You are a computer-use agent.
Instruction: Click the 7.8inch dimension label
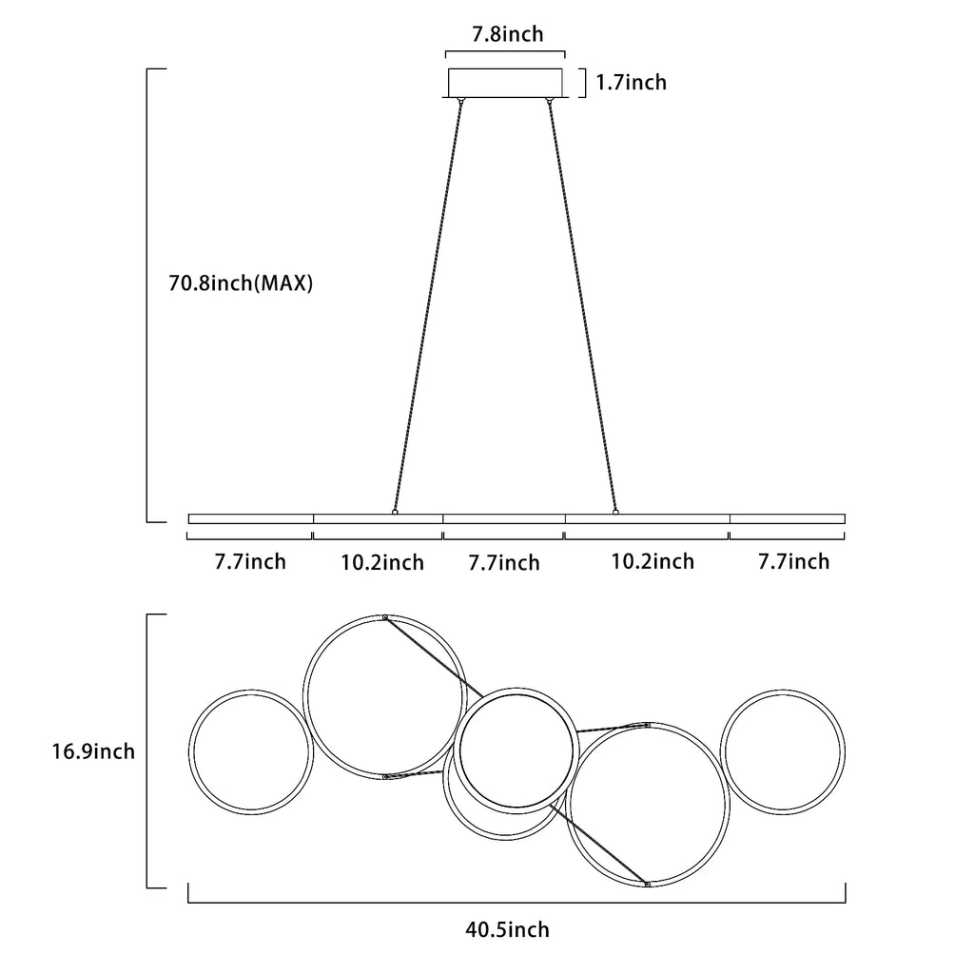(x=508, y=33)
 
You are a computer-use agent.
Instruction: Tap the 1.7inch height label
(x=632, y=82)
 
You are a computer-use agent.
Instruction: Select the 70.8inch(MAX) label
(x=241, y=283)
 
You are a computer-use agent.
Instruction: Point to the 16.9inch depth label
(x=93, y=751)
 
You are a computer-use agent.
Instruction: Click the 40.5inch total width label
(x=508, y=930)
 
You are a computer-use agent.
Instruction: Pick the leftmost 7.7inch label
(x=250, y=561)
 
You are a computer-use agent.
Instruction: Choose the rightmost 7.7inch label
(x=794, y=561)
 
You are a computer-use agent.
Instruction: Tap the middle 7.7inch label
(x=504, y=563)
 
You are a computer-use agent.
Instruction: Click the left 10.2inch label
(x=382, y=563)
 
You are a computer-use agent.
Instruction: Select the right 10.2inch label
(x=653, y=561)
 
